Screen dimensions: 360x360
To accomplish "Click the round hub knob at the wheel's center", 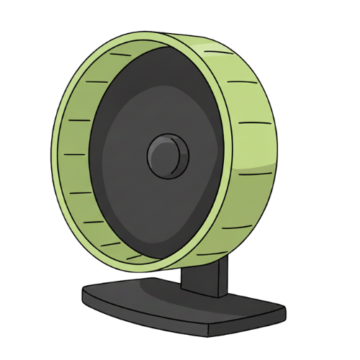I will point(168,155).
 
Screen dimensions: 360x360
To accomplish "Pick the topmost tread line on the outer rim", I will point(210,50).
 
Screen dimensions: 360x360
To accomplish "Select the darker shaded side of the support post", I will point(222,277).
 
